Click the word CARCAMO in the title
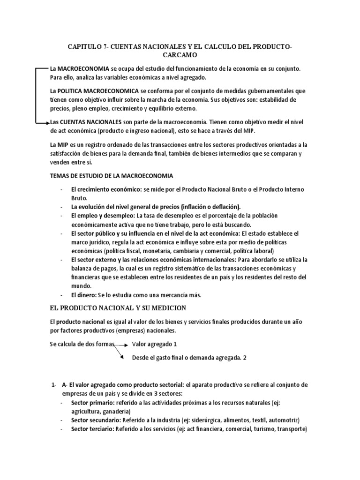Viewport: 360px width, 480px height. [180, 55]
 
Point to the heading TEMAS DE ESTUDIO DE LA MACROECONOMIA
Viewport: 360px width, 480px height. [111, 176]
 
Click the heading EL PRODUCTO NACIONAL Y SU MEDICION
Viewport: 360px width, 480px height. [118, 308]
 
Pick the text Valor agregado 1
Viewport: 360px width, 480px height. [154, 344]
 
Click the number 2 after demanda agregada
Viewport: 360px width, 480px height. [245, 358]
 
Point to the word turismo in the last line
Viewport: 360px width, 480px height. [263, 429]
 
